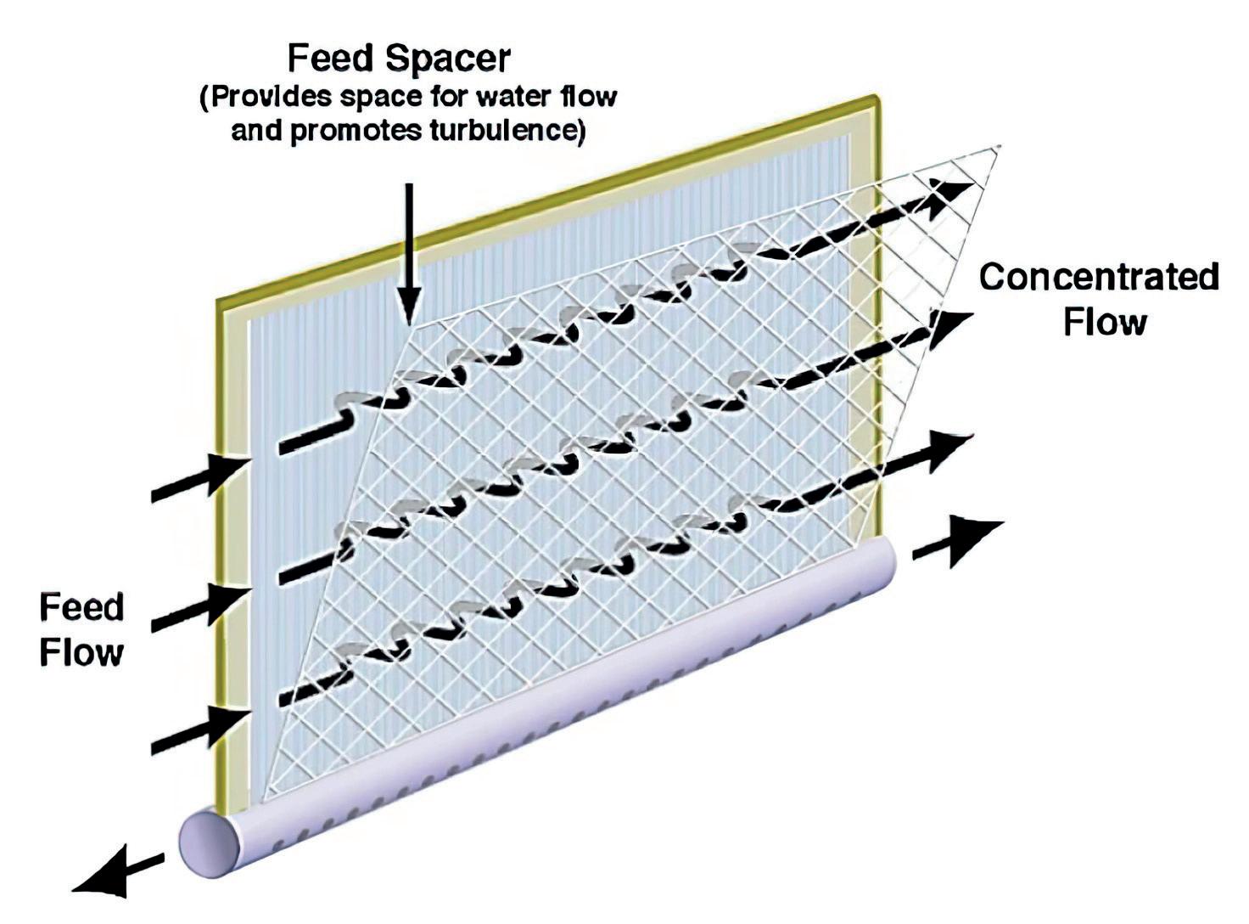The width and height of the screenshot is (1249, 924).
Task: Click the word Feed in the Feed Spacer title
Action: tap(331, 59)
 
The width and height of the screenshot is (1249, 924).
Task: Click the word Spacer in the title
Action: tap(448, 59)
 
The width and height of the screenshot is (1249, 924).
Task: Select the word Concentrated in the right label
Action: tap(1099, 278)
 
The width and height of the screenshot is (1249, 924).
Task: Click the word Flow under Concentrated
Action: tap(1105, 323)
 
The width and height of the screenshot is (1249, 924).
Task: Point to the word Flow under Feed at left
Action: tap(82, 652)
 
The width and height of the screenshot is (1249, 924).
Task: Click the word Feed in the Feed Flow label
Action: tap(81, 608)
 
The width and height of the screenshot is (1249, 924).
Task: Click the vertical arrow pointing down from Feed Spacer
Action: tap(410, 255)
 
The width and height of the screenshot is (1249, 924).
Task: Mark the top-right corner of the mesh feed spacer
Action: tap(1001, 147)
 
